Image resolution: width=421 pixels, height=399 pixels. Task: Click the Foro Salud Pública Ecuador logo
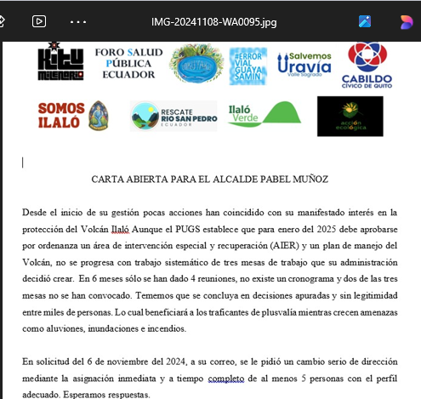(x=128, y=63)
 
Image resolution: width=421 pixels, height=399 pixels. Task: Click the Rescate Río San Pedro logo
(x=174, y=116)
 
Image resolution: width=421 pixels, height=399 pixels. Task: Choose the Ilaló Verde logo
(x=264, y=114)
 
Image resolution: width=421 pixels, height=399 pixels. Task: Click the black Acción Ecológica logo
(x=350, y=116)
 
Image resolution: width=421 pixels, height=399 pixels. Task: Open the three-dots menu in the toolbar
(x=79, y=20)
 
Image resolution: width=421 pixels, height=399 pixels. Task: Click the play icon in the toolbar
(x=39, y=20)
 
